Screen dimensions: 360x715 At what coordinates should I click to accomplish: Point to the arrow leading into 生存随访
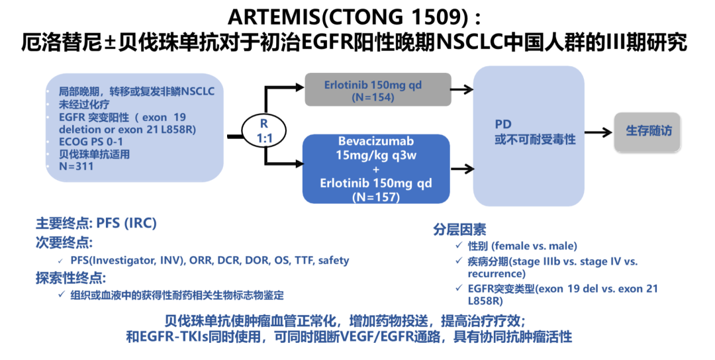tap(598, 132)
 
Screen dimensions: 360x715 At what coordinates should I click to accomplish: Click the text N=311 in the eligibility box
tap(75, 166)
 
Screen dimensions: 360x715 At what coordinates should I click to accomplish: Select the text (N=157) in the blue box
tap(375, 197)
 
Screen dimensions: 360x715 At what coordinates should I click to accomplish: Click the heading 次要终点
tap(64, 242)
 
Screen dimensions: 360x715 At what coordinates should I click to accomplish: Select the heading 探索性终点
tap(70, 277)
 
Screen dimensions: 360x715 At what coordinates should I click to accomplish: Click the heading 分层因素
tap(459, 230)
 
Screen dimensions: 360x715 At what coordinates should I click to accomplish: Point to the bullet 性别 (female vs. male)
tap(513, 246)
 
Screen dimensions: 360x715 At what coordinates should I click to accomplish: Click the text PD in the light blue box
tap(503, 124)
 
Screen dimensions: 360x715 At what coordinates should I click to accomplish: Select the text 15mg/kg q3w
tap(375, 155)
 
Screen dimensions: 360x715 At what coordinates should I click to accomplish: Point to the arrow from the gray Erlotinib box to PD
tap(462, 91)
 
